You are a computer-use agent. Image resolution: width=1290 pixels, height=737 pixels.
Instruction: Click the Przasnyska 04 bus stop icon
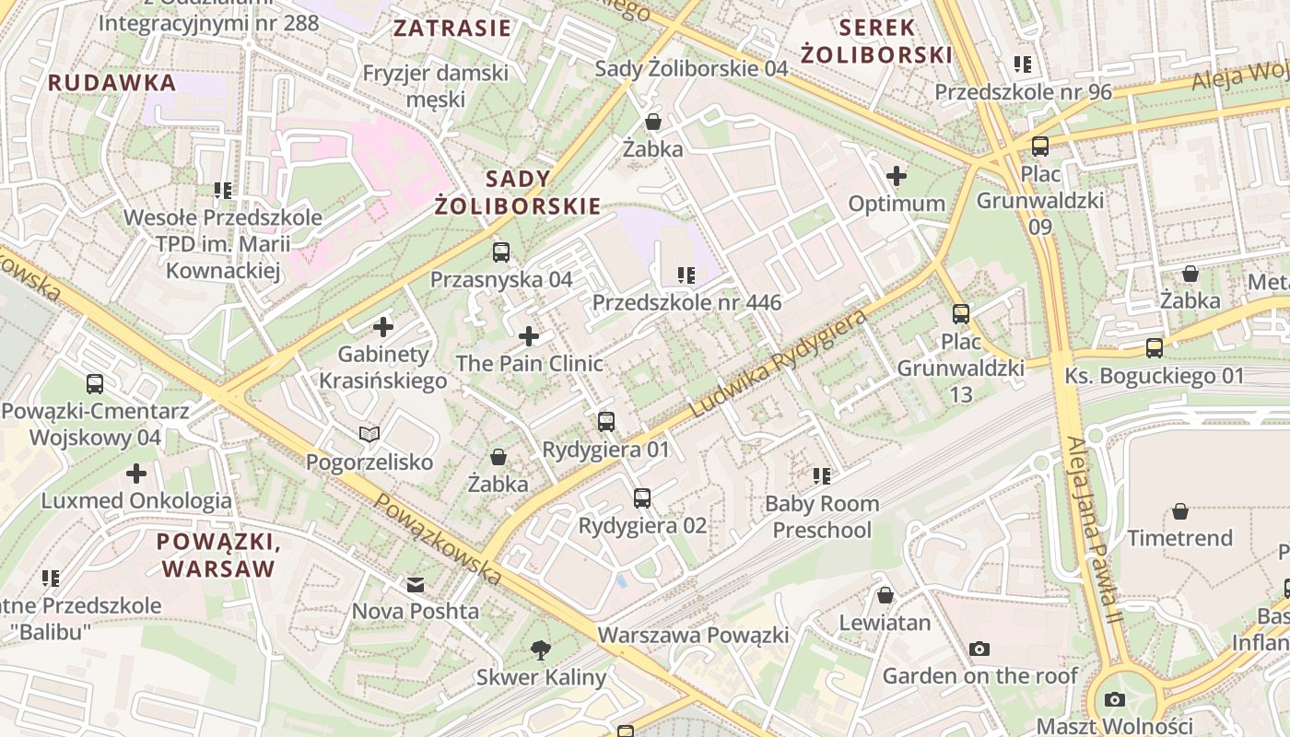tap(501, 252)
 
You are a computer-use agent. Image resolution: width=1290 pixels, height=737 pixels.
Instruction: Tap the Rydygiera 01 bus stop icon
tap(605, 422)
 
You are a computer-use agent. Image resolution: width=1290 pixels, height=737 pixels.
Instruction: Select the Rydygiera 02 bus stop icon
tap(642, 498)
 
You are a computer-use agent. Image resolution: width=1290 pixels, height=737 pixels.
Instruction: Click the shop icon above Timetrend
tap(1179, 511)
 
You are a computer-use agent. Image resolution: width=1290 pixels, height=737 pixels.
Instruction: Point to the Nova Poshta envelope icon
tap(416, 585)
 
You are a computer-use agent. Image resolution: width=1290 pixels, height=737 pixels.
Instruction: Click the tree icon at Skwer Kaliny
tap(541, 650)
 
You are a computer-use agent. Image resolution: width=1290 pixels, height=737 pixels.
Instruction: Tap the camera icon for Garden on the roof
tap(979, 649)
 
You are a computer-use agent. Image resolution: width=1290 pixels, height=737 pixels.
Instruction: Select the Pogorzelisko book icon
tap(369, 434)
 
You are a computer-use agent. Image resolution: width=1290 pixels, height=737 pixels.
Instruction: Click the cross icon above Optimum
tap(896, 176)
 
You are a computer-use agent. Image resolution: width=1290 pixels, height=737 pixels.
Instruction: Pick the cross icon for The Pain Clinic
tap(529, 336)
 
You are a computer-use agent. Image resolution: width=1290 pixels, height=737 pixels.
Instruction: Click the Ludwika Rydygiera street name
tap(779, 363)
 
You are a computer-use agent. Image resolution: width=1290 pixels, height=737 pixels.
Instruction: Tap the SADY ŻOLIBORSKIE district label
tap(517, 193)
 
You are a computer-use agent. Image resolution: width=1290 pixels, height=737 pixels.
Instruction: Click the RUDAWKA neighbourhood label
tap(111, 83)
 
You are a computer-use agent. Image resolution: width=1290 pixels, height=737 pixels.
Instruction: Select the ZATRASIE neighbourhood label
tap(451, 28)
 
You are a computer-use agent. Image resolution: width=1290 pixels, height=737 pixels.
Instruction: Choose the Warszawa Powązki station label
tap(693, 635)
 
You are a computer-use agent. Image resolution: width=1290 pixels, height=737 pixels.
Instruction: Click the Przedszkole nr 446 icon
tap(686, 275)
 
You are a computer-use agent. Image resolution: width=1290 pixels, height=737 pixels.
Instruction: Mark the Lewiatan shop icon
tap(885, 595)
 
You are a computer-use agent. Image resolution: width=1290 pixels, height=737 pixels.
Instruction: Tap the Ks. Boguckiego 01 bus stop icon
tap(1154, 348)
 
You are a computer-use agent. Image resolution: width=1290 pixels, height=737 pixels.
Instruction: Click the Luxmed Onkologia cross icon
tap(136, 474)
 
